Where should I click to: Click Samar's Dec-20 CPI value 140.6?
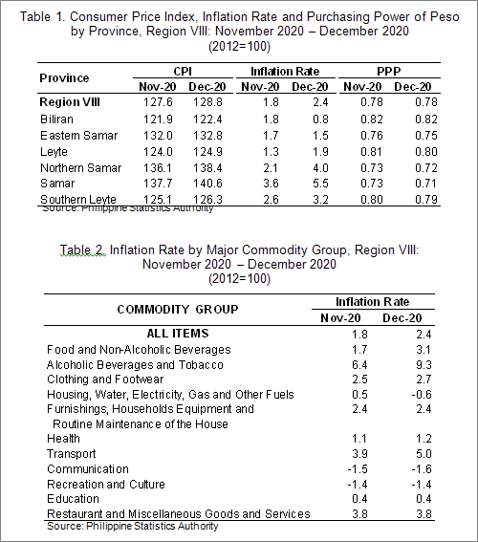pyautogui.click(x=207, y=184)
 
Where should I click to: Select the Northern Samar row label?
pyautogui.click(x=81, y=168)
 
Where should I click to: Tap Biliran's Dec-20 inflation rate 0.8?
pyautogui.click(x=320, y=119)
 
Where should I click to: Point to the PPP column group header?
pyautogui.click(x=389, y=71)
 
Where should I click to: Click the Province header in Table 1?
pyautogui.click(x=64, y=78)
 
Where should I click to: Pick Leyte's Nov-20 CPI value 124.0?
pyautogui.click(x=158, y=152)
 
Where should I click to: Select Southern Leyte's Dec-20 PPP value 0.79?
pyautogui.click(x=426, y=200)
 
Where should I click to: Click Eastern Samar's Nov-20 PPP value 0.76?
pyautogui.click(x=372, y=136)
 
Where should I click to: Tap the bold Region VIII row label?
pyautogui.click(x=70, y=102)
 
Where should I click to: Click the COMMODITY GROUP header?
pyautogui.click(x=178, y=309)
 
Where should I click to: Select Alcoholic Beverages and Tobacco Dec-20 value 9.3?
pyautogui.click(x=424, y=365)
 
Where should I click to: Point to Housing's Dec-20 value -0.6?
pyautogui.click(x=422, y=395)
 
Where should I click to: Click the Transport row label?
pyautogui.click(x=71, y=454)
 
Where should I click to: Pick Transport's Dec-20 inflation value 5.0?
pyautogui.click(x=424, y=454)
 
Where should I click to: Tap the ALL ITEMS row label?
pyautogui.click(x=178, y=334)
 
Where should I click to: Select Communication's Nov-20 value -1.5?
pyautogui.click(x=358, y=469)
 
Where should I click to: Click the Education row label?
pyautogui.click(x=73, y=499)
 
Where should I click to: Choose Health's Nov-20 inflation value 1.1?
pyautogui.click(x=359, y=439)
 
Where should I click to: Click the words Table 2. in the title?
pyautogui.click(x=82, y=249)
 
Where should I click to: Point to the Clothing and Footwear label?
pyautogui.click(x=105, y=379)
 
